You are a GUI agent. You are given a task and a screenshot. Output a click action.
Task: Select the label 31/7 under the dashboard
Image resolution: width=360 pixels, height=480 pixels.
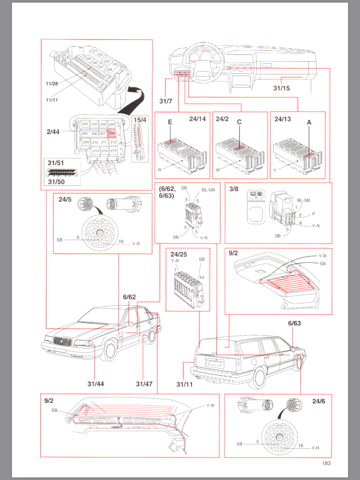pos(165,101)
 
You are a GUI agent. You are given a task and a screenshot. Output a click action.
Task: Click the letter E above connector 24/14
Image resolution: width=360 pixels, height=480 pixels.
pos(170,123)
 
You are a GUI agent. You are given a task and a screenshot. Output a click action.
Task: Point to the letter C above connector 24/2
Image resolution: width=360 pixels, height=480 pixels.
pos(240,123)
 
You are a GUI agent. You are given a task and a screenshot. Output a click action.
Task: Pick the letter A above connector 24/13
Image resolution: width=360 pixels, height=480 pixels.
pos(309,124)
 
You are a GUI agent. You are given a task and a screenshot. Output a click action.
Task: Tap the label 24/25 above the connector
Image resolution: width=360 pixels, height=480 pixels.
pos(178,254)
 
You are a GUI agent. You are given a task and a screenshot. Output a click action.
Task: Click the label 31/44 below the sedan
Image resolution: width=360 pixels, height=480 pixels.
pos(96,384)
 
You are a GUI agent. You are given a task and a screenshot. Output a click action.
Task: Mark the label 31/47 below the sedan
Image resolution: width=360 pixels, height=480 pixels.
pos(144,384)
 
